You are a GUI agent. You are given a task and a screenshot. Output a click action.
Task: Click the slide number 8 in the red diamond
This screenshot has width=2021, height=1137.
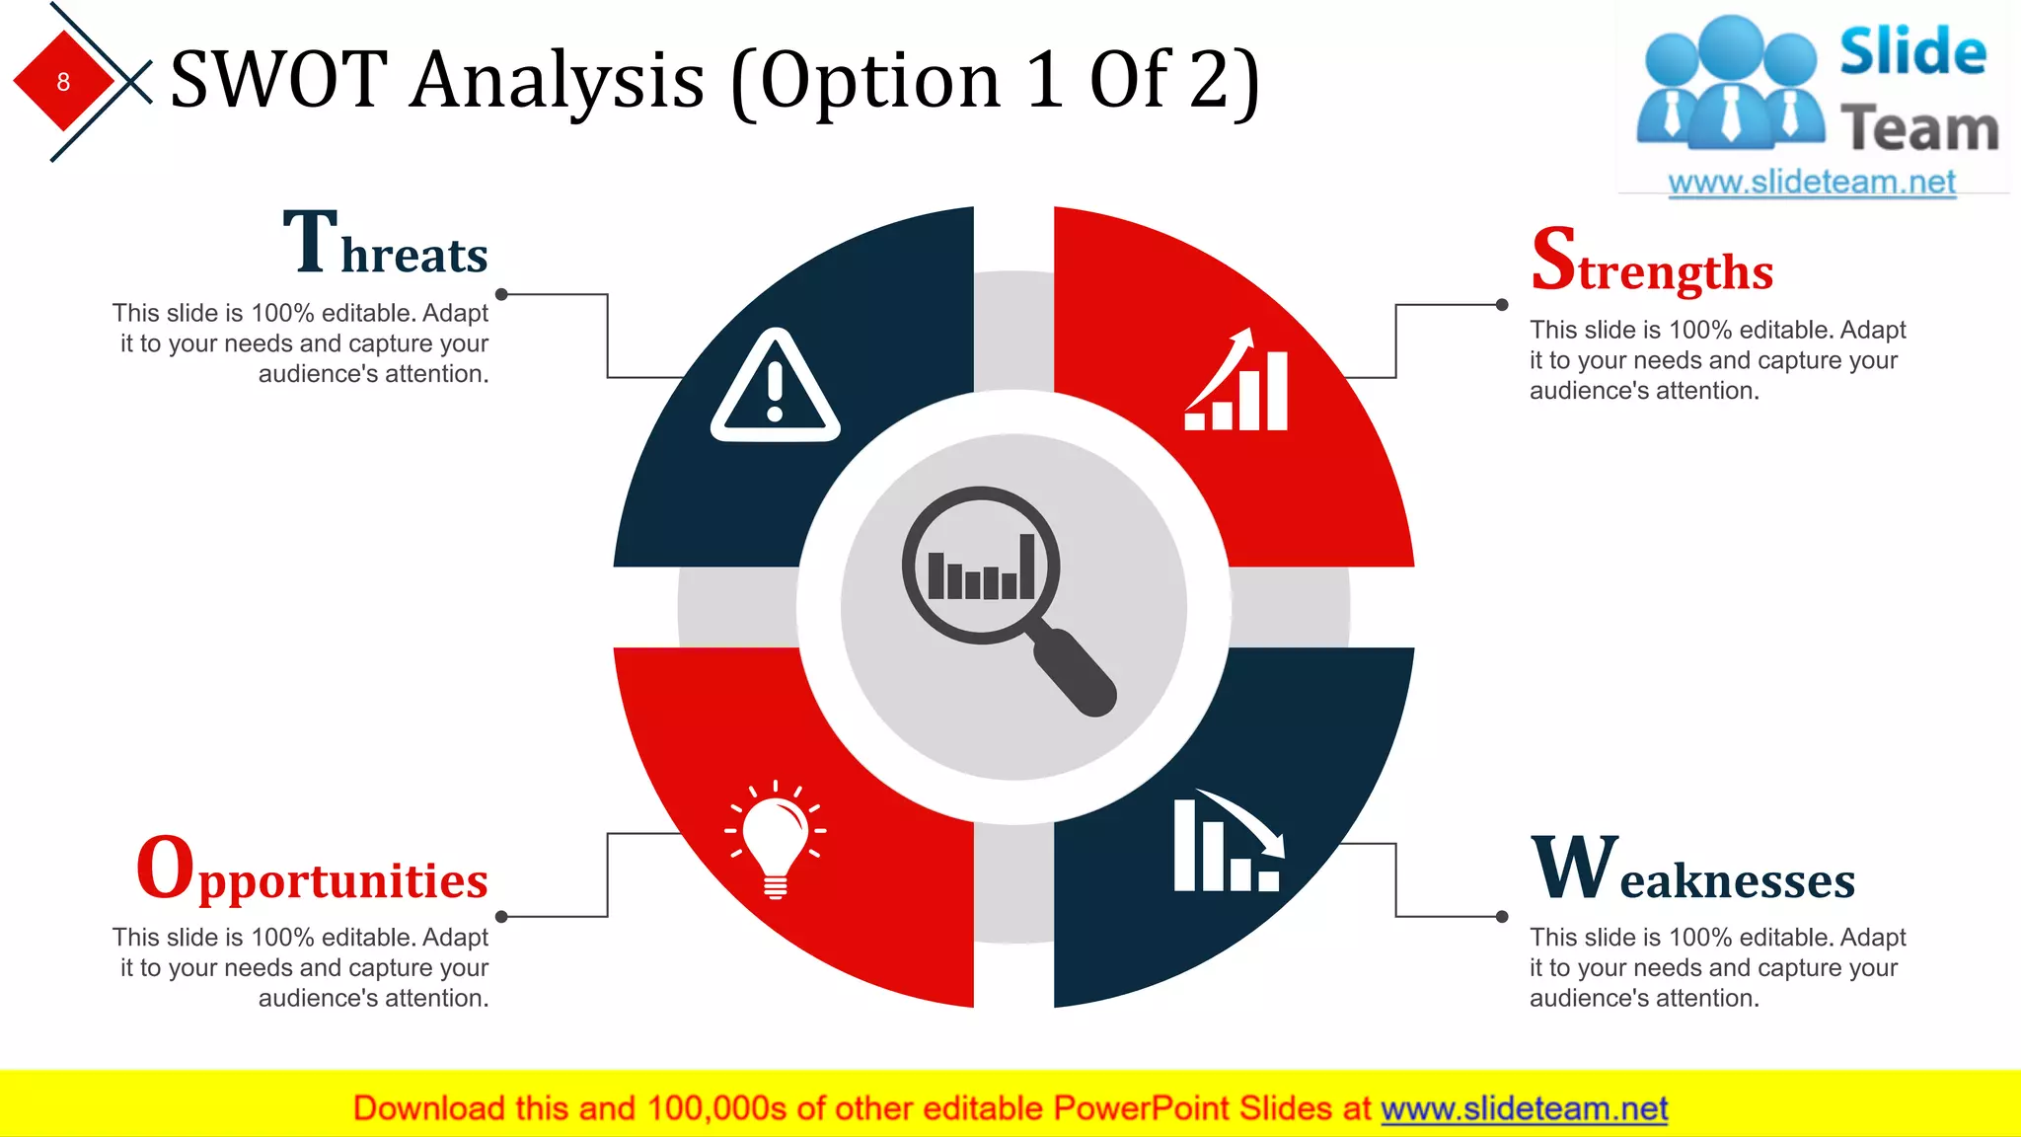pyautogui.click(x=63, y=82)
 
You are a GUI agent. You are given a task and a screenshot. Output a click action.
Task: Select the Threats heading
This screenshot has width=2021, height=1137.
pyautogui.click(x=386, y=243)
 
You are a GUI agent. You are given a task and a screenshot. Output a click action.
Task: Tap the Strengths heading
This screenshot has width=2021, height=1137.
pyautogui.click(x=1652, y=261)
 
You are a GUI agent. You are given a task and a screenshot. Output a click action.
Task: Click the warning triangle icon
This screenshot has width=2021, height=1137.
pyautogui.click(x=775, y=387)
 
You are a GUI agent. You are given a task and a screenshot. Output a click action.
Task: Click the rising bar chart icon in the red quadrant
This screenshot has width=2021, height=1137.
pyautogui.click(x=1237, y=381)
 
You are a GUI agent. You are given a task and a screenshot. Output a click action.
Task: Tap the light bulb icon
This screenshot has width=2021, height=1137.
pyautogui.click(x=776, y=839)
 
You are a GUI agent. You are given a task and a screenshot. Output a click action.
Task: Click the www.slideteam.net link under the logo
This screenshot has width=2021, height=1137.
pyautogui.click(x=1811, y=183)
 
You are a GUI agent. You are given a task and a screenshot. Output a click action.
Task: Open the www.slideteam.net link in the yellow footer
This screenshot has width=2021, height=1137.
pyautogui.click(x=1524, y=1109)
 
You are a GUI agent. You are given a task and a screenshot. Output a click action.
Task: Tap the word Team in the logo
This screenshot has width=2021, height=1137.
pyautogui.click(x=1918, y=129)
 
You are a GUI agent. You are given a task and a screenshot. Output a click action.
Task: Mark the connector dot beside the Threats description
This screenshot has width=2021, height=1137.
pyautogui.click(x=501, y=294)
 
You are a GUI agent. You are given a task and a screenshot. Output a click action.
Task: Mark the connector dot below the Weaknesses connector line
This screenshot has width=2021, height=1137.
pyautogui.click(x=1502, y=917)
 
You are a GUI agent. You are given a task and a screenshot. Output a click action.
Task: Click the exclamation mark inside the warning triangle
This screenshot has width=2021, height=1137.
pyautogui.click(x=775, y=391)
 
